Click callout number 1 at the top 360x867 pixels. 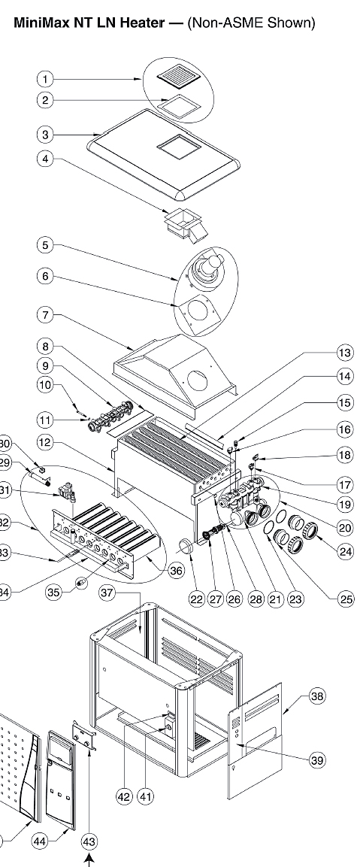(46, 78)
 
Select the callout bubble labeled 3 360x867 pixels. (46, 135)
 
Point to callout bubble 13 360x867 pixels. (344, 353)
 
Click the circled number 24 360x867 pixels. (344, 551)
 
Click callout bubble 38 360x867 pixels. (316, 696)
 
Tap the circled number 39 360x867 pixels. (316, 760)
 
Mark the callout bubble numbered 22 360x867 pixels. (196, 599)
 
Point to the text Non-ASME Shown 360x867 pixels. (251, 23)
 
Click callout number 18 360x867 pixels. (344, 455)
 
